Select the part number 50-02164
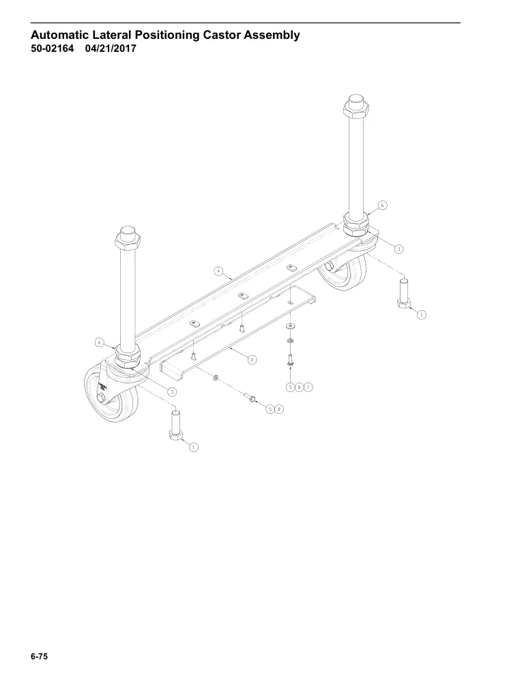click(52, 48)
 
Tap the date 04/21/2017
click(111, 48)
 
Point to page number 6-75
click(39, 657)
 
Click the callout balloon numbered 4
click(219, 271)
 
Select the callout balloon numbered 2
click(252, 359)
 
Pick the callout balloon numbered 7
click(308, 387)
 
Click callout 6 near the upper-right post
click(382, 205)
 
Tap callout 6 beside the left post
click(100, 343)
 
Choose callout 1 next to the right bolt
click(421, 315)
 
